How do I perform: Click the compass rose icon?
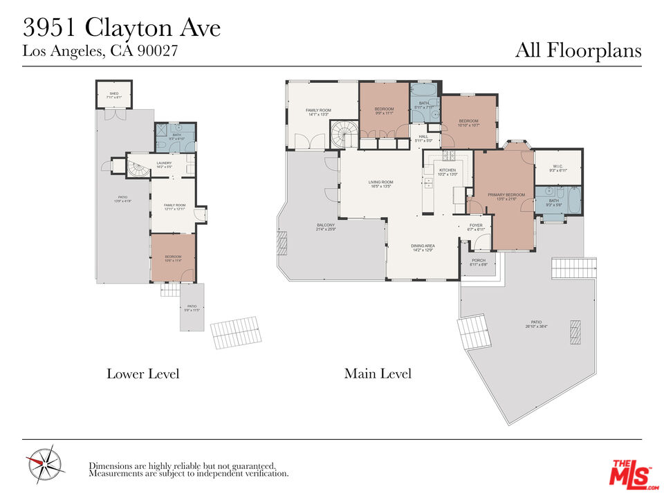pos(45,463)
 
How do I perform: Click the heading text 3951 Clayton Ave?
pos(122,28)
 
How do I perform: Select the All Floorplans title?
pos(578,50)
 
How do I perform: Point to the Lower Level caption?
pos(142,374)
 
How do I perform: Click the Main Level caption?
pos(378,374)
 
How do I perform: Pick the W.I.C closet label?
pos(557,167)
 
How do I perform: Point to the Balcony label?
pos(326,227)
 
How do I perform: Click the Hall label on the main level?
pos(423,138)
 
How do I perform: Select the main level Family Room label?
pos(319,112)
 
